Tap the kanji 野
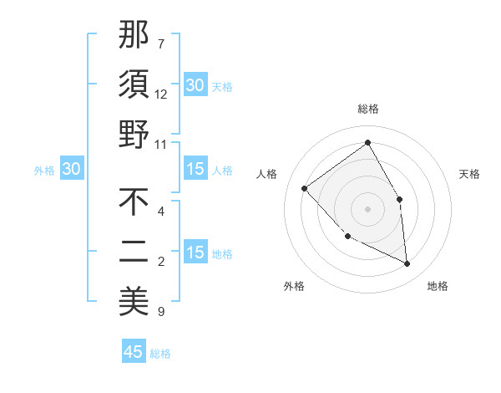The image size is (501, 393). point(134,134)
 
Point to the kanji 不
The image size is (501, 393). point(134,202)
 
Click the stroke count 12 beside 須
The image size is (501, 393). point(161,94)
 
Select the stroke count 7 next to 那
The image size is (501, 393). point(161,43)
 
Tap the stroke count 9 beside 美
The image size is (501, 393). point(161,312)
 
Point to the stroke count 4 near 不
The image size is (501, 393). point(161,211)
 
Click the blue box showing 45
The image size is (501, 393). point(134,352)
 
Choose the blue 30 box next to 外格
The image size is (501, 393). point(71,170)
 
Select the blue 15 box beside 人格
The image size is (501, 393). point(195,170)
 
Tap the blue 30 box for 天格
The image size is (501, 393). point(195,85)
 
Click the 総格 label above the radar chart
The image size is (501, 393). point(367,109)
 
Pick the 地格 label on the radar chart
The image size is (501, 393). point(438,287)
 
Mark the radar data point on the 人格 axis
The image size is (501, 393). point(305,188)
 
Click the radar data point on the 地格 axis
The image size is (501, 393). point(407,264)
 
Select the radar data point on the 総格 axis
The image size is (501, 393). point(367,143)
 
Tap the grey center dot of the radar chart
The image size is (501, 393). point(367,207)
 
